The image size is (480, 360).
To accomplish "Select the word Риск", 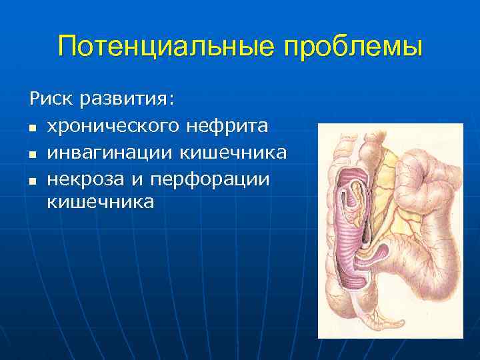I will [x=51, y=99].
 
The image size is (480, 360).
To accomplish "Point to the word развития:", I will [x=127, y=101].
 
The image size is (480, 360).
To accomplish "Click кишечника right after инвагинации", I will [x=233, y=153].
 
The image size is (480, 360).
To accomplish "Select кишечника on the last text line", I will [x=100, y=202].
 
